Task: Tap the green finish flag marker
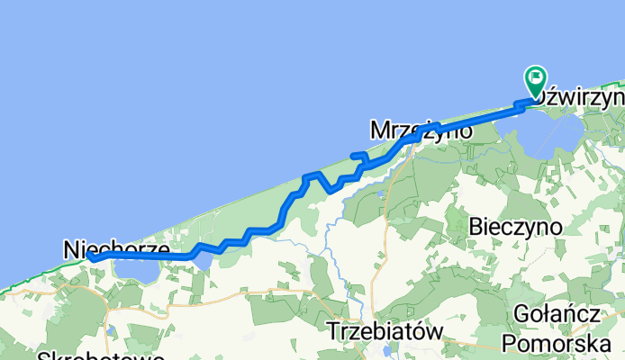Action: pyautogui.click(x=536, y=80)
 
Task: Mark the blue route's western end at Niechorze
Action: pyautogui.click(x=91, y=259)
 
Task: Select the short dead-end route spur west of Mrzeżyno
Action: pyautogui.click(x=357, y=156)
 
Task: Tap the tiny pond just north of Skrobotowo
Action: pyautogui.click(x=108, y=331)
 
